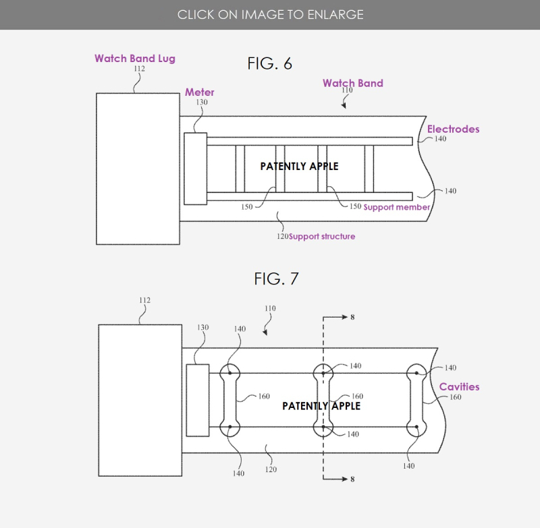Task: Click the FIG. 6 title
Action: click(269, 64)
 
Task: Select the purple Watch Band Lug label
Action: click(134, 59)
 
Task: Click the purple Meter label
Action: click(200, 92)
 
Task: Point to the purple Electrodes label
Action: click(453, 129)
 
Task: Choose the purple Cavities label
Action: click(459, 386)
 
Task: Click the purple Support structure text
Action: click(322, 237)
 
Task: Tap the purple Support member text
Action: click(396, 207)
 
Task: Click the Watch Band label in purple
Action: click(352, 83)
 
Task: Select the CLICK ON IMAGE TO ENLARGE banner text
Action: click(270, 14)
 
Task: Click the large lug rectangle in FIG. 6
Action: click(138, 169)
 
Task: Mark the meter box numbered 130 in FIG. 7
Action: click(197, 400)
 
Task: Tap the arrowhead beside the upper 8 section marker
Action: click(344, 316)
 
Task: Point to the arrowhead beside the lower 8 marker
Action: click(344, 479)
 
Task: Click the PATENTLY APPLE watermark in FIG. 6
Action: click(299, 166)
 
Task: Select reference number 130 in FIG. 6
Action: click(202, 102)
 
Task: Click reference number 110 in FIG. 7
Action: click(270, 309)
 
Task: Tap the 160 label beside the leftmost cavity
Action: click(264, 396)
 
